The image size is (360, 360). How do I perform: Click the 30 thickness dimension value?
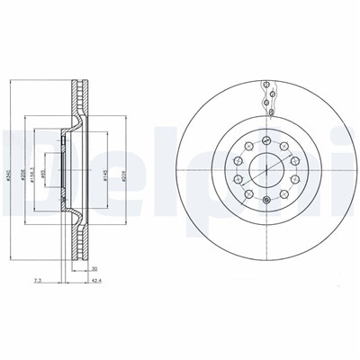click(94, 268)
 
